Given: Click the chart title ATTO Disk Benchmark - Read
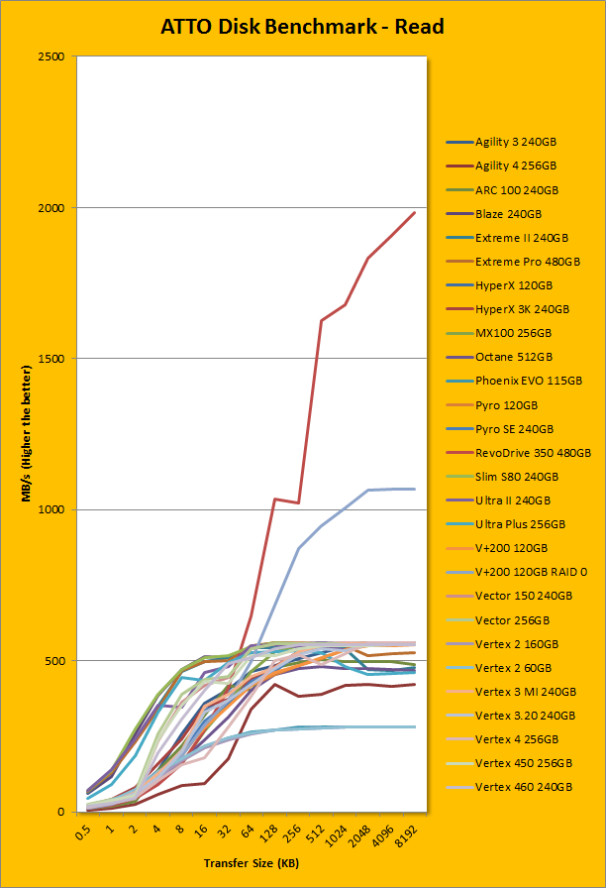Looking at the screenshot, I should point(302,27).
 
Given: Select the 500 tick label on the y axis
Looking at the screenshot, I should point(55,661).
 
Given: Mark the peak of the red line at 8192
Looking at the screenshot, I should point(415,212).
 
